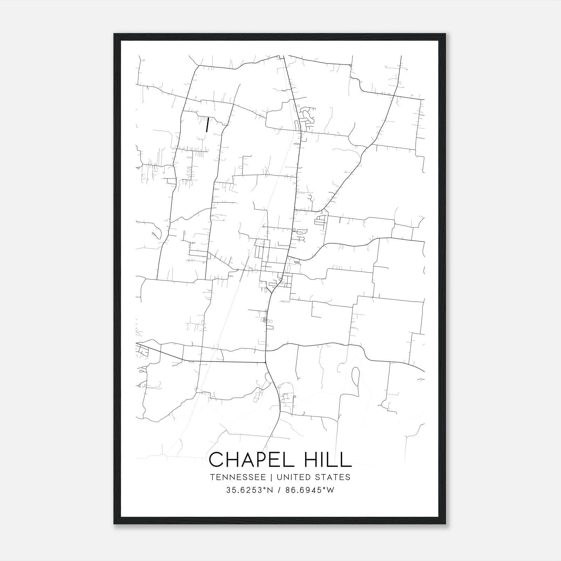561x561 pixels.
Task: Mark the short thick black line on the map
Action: (207, 124)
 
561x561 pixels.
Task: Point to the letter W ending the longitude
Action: (330, 490)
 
